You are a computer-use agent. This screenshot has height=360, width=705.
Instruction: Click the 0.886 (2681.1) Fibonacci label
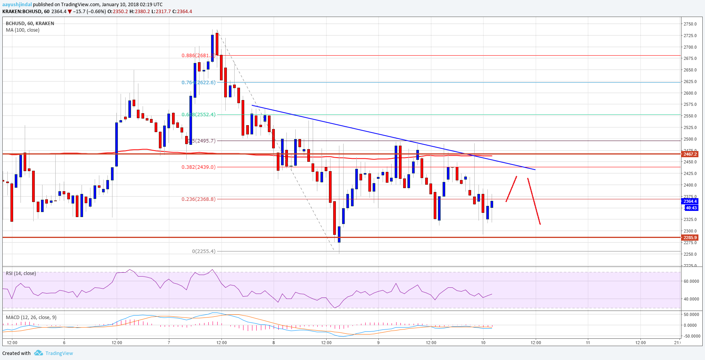pos(198,56)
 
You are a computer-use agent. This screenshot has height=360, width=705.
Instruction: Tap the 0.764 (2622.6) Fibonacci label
pos(199,82)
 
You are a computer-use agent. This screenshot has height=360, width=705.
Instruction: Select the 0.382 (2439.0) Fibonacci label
pos(199,167)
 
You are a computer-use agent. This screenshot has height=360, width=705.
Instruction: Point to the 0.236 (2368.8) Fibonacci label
pos(199,199)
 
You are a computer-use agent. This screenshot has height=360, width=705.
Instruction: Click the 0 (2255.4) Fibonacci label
pos(204,251)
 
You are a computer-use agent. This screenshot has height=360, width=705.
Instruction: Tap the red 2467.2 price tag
pos(690,154)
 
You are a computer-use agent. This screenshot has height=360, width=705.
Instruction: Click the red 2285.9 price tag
pos(690,238)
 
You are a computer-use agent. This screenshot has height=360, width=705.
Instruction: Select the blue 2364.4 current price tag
pos(690,201)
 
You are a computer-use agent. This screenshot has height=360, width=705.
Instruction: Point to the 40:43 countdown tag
pos(691,208)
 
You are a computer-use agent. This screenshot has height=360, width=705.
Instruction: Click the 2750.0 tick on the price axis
pos(690,24)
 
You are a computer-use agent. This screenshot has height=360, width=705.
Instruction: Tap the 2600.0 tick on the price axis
pos(690,93)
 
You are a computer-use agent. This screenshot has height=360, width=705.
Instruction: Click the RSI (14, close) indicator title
pos(21,273)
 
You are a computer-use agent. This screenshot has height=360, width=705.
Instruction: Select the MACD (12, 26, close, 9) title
pos(31,318)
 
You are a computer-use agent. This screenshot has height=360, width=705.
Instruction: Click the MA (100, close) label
pos(22,30)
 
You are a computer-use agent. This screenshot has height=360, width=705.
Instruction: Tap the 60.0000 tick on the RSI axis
pos(691,281)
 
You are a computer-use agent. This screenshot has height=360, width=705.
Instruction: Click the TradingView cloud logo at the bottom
pos(38,353)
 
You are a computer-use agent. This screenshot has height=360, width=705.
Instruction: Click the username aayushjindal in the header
pos(17,5)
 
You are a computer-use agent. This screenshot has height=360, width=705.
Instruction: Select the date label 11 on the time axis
pos(588,342)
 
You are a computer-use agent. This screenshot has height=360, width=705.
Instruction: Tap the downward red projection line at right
pos(534,201)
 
